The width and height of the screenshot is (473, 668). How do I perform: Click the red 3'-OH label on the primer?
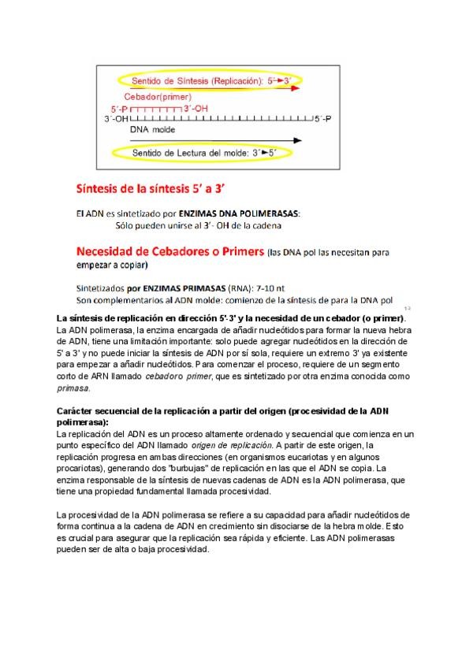point(196,108)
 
